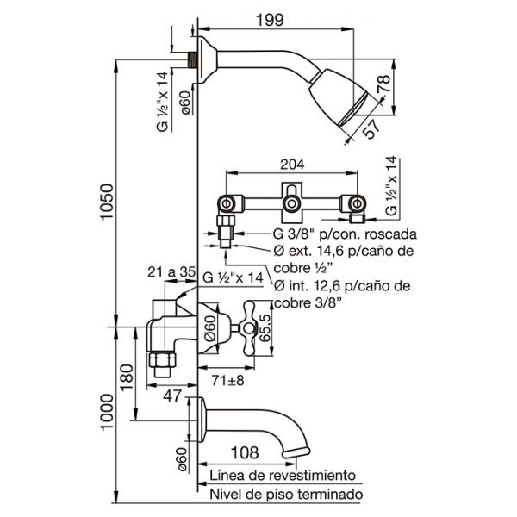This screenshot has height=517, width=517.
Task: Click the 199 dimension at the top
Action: click(x=270, y=20)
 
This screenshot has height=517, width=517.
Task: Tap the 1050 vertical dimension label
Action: click(x=107, y=201)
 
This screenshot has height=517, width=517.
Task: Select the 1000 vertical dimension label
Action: click(x=107, y=412)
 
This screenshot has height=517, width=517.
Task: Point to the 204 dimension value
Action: click(x=292, y=165)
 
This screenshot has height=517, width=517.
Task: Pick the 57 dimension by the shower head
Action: click(x=371, y=128)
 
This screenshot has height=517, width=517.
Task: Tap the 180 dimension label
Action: click(x=128, y=377)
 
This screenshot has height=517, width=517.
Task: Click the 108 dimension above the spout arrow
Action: click(x=245, y=452)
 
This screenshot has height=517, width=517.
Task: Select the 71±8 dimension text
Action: click(x=227, y=380)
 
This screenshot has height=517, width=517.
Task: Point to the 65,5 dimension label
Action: click(x=265, y=327)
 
